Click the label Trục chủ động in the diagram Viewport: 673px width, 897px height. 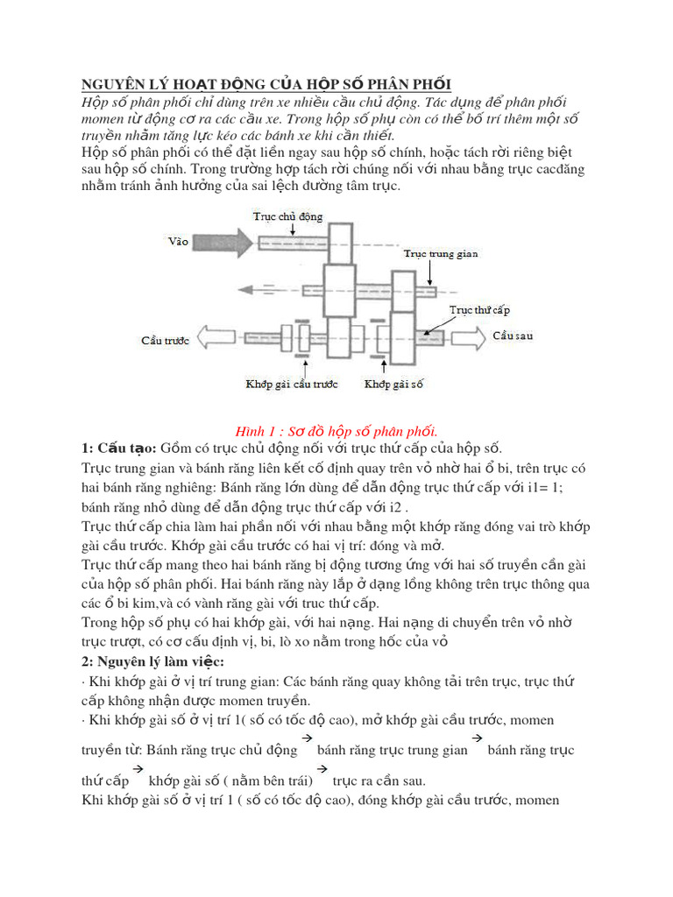(288, 215)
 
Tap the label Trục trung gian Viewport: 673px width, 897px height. (441, 253)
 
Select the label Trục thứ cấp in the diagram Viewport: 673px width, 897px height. (479, 310)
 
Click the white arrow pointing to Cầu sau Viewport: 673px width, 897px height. (465, 337)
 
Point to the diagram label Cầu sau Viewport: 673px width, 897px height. (512, 335)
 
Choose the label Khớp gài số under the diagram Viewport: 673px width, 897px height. (393, 383)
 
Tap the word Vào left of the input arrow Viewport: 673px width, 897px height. (178, 239)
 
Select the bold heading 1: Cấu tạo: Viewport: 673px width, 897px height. (119, 448)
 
